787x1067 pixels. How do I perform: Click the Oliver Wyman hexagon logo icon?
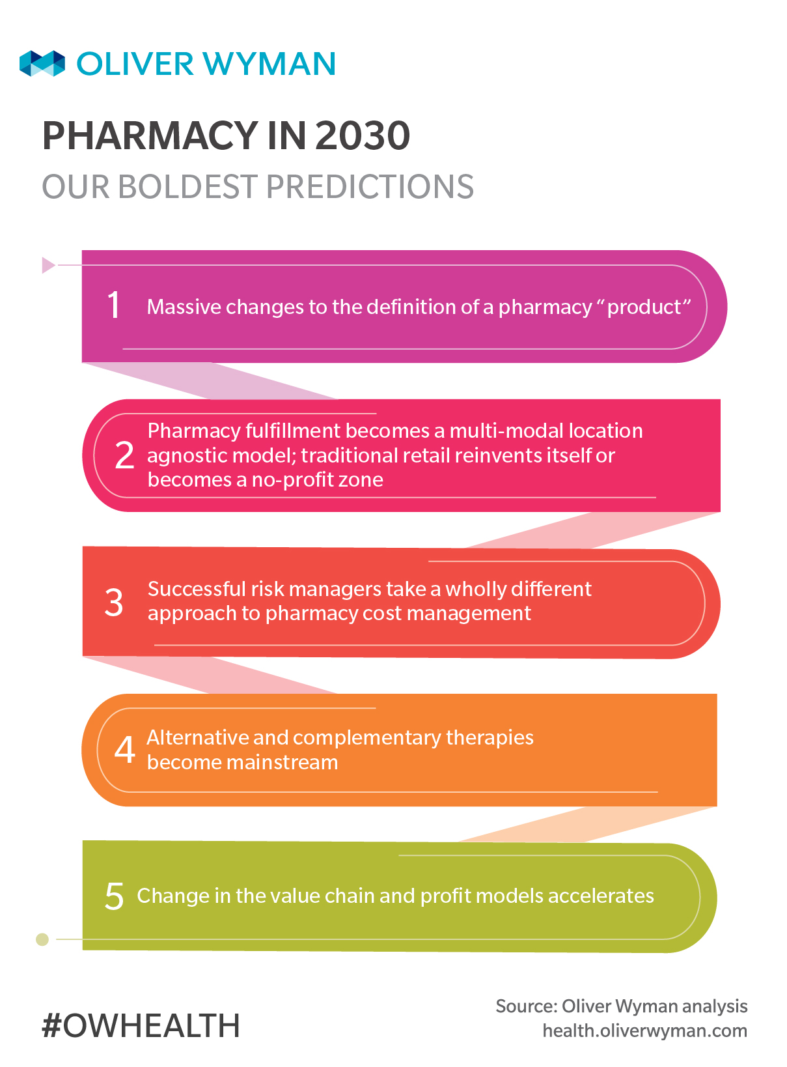point(42,63)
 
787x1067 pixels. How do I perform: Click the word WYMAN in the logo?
point(269,63)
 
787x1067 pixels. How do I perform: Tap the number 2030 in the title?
point(363,135)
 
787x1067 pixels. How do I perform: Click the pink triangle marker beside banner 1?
point(48,265)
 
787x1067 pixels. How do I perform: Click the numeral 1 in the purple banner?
point(114,304)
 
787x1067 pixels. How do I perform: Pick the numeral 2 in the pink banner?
point(124,455)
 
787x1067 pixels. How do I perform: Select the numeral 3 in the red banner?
point(114,602)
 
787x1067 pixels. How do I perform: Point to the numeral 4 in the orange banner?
point(124,750)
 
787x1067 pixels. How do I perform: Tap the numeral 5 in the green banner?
point(115,896)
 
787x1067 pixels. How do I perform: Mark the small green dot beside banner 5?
point(42,939)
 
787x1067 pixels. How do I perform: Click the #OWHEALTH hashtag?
point(141,1025)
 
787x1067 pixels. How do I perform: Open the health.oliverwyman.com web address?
point(644,1031)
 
